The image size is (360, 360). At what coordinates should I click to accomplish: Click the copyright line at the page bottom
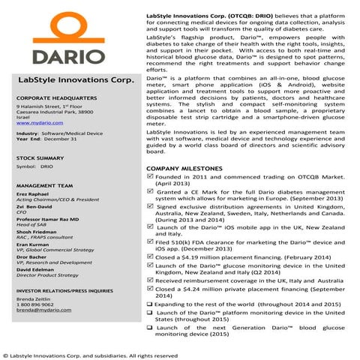[x=90, y=355]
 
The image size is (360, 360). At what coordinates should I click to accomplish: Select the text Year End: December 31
[x=46, y=139]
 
